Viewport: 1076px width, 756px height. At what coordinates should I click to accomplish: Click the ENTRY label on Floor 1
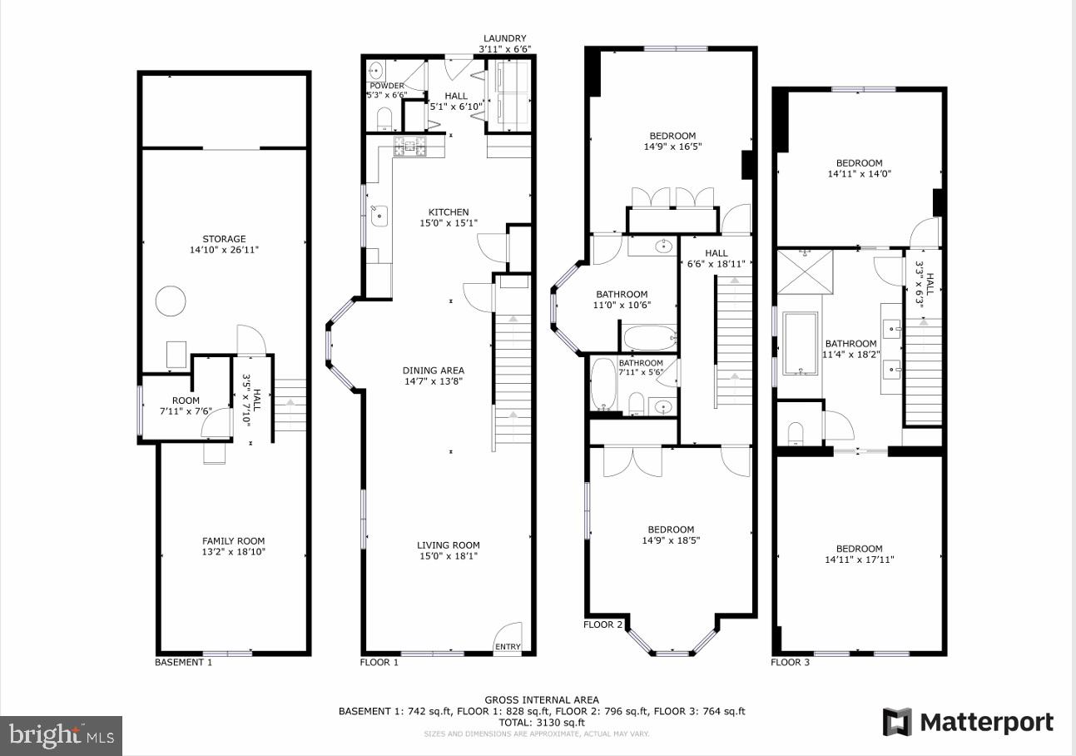coord(508,647)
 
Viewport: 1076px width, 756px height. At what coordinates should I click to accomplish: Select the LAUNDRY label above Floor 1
coord(505,38)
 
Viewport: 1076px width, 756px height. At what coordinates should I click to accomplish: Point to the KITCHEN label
coord(449,212)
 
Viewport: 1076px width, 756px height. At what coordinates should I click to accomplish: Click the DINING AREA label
coord(433,371)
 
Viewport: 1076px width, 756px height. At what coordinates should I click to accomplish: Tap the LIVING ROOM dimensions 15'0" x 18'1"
coord(449,556)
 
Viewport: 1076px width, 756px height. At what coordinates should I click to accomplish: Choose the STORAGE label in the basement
coord(224,239)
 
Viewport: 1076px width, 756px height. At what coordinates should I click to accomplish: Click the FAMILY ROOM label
coord(233,540)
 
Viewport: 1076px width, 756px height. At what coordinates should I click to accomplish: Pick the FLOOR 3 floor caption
coord(790,663)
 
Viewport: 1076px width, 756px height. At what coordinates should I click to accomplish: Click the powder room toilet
coord(384,118)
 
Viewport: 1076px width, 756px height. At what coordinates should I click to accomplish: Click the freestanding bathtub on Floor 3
coord(800,343)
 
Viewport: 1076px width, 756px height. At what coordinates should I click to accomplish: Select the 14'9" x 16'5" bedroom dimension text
coord(672,147)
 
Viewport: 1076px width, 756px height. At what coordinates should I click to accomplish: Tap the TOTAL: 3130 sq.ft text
coord(541,723)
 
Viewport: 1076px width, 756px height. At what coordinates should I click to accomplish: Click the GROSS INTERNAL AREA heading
coord(542,700)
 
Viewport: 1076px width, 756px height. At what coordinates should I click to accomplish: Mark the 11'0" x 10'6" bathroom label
coord(622,305)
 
